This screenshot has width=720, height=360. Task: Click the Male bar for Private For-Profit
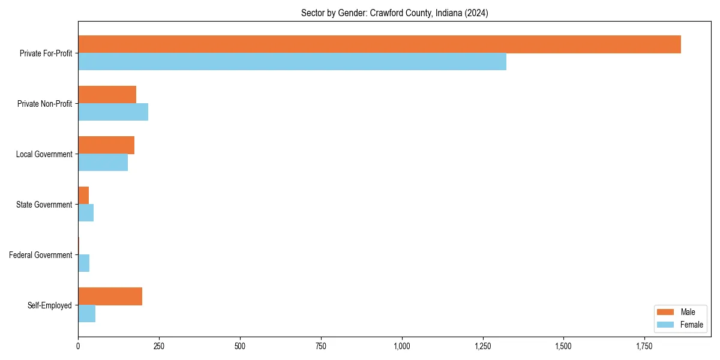[x=379, y=44]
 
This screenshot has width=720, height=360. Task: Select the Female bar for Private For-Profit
[x=292, y=62]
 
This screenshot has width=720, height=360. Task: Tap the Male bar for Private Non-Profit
[x=107, y=95]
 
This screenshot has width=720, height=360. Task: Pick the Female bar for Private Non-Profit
[x=113, y=112]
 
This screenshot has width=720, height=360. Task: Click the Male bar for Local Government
[x=106, y=145]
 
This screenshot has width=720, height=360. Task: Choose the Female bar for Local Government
[x=103, y=163]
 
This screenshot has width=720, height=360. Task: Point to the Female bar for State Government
[x=86, y=213]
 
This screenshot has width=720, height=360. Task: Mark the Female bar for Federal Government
[x=83, y=263]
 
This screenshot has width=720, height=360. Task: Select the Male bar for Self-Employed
[x=110, y=296]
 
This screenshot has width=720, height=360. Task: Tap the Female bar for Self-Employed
[x=86, y=314]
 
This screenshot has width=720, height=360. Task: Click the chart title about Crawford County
[x=394, y=13]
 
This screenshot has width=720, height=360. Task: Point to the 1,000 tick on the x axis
[x=401, y=347]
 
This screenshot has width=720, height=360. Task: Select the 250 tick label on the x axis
[x=158, y=347]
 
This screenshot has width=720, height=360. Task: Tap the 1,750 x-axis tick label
[x=644, y=347]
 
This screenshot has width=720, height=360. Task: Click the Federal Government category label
[x=40, y=255]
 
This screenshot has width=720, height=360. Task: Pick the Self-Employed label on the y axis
[x=49, y=305]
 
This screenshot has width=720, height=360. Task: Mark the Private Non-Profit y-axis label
[x=44, y=104]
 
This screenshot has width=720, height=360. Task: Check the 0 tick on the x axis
[x=78, y=347]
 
